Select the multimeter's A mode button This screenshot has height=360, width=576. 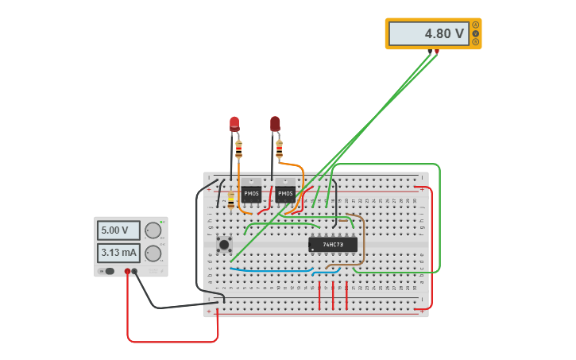(476, 25)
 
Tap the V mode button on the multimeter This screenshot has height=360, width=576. (476, 33)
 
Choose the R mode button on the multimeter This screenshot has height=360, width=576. (476, 42)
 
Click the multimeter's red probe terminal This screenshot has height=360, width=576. (436, 52)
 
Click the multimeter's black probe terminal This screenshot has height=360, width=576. (430, 52)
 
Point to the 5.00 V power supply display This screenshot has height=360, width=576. (118, 230)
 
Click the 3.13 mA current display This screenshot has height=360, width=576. (118, 253)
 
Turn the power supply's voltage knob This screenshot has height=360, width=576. (153, 230)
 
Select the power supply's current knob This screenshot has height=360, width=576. (153, 254)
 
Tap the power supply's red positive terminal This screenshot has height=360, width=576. (127, 271)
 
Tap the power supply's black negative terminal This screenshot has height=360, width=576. (134, 271)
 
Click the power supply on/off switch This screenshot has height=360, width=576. (108, 271)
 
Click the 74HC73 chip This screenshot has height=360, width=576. (333, 244)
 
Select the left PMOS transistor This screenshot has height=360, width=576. (251, 193)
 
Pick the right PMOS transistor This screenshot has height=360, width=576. (285, 193)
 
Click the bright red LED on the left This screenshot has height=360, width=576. (234, 123)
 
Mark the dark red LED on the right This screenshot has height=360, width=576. (275, 123)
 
